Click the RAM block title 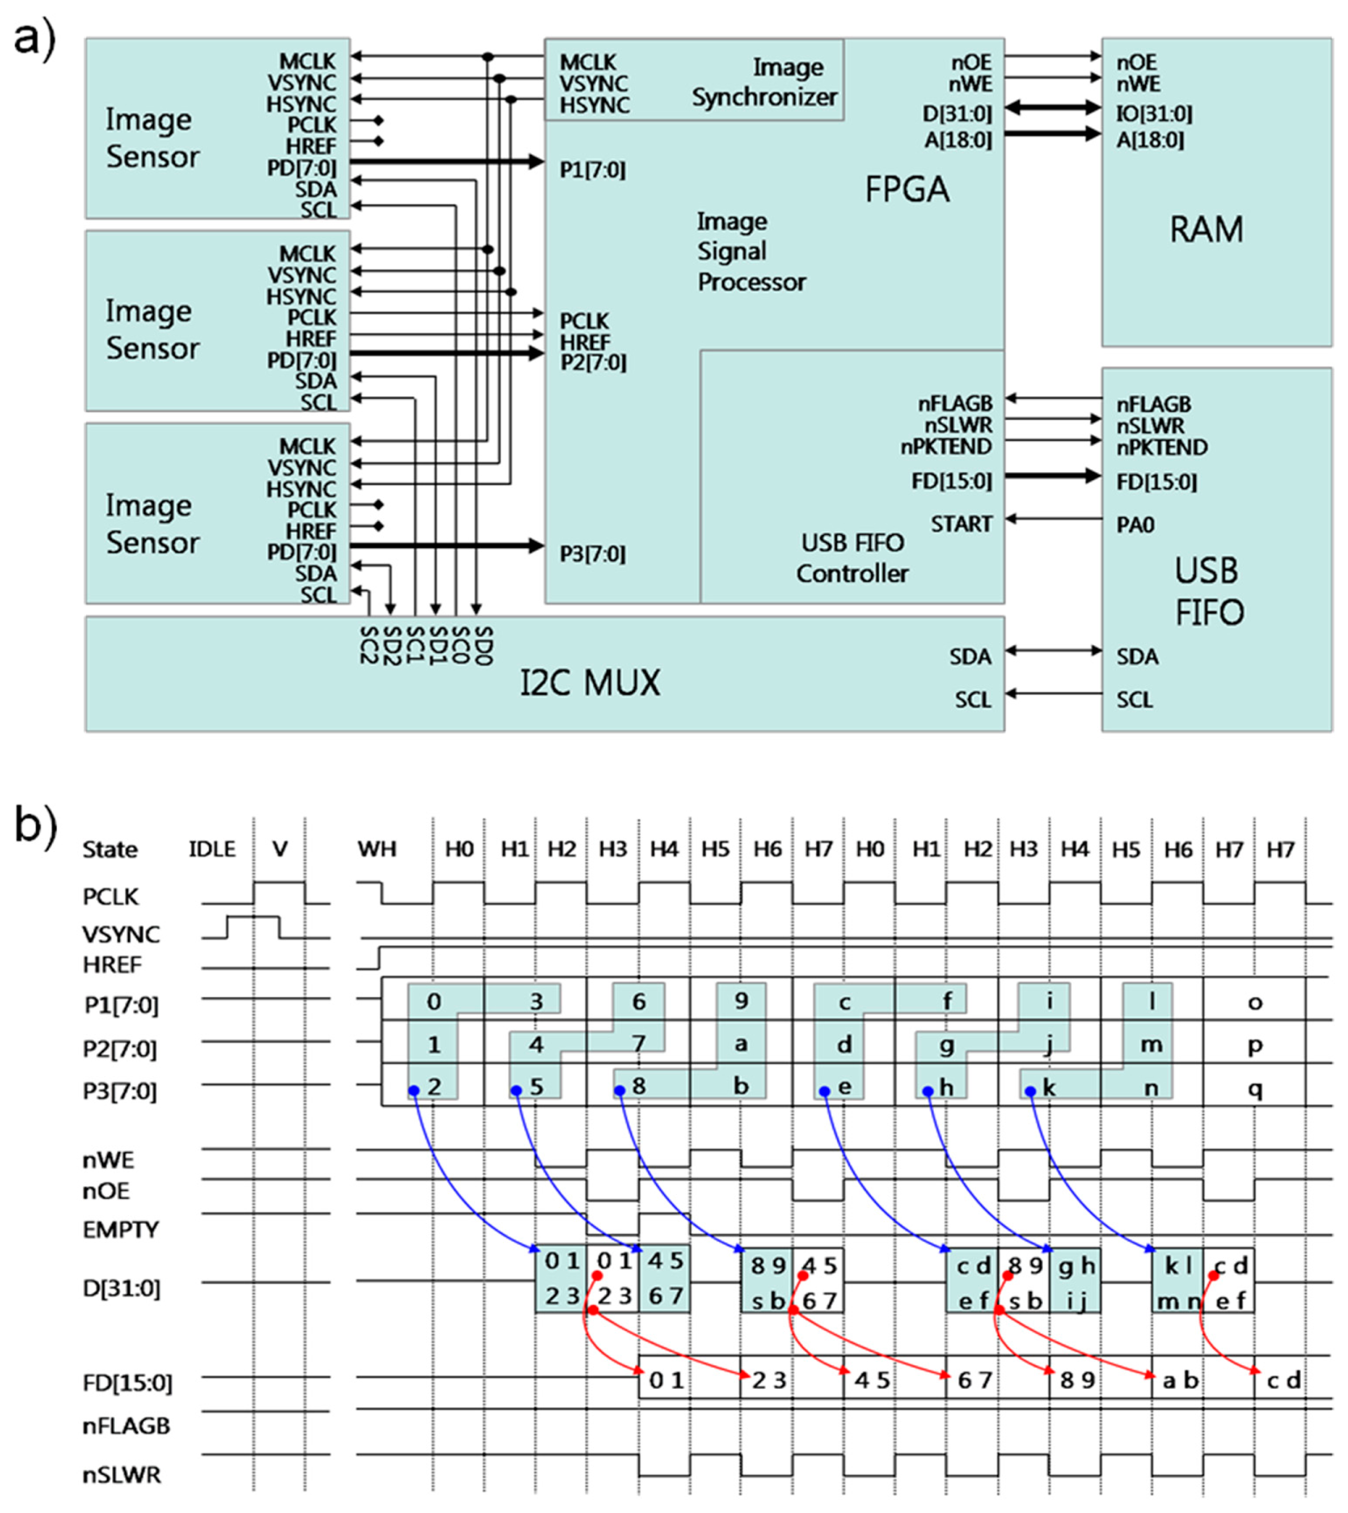click(1206, 229)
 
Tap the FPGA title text click(907, 190)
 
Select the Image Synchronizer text click(765, 82)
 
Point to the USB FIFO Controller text click(852, 558)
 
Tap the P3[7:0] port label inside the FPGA click(592, 554)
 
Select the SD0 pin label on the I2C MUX click(482, 645)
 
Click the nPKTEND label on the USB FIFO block click(1161, 447)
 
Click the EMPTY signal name click(121, 1230)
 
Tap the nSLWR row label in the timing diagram click(122, 1475)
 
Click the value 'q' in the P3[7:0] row click(1255, 1089)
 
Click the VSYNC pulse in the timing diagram click(253, 918)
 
